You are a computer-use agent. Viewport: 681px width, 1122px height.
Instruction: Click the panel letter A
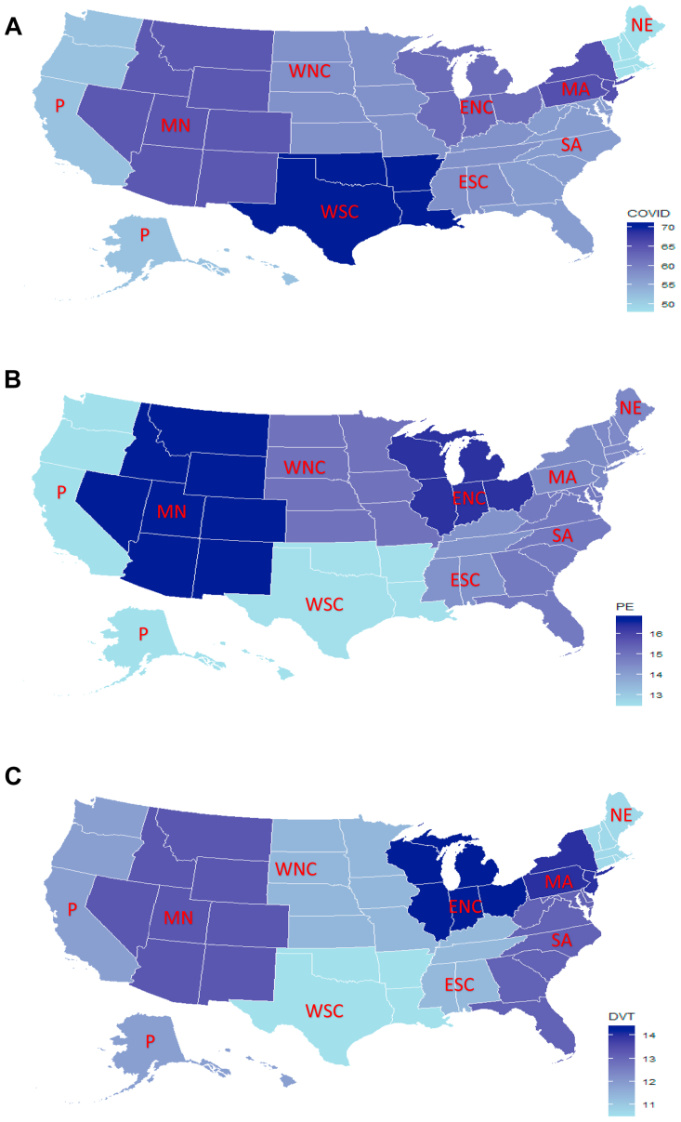pyautogui.click(x=13, y=27)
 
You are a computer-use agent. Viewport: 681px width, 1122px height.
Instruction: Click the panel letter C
pyautogui.click(x=13, y=776)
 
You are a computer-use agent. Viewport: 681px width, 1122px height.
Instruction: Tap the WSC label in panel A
pyautogui.click(x=339, y=211)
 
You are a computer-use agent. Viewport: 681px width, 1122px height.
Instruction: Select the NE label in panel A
pyautogui.click(x=641, y=25)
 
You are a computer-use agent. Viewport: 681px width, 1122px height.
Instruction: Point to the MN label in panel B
pyautogui.click(x=171, y=511)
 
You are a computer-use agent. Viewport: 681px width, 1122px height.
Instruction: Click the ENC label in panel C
pyautogui.click(x=465, y=906)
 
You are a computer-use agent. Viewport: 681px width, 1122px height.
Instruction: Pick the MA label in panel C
pyautogui.click(x=558, y=881)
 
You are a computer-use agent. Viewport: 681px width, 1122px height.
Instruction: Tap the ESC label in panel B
pyautogui.click(x=465, y=579)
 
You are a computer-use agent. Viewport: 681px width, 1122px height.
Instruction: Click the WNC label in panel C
pyautogui.click(x=296, y=868)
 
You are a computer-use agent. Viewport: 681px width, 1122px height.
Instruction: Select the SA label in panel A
pyautogui.click(x=570, y=145)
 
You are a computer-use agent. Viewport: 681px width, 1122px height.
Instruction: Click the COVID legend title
pyautogui.click(x=648, y=214)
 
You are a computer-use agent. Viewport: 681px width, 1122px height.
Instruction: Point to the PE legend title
pyautogui.click(x=624, y=607)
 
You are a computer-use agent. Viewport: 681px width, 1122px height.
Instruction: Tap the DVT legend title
pyautogui.click(x=622, y=1016)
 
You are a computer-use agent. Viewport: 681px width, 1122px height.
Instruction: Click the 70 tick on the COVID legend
pyautogui.click(x=667, y=228)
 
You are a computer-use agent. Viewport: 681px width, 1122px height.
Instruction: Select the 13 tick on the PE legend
pyautogui.click(x=656, y=695)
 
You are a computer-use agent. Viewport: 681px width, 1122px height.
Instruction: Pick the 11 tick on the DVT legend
pyautogui.click(x=649, y=1104)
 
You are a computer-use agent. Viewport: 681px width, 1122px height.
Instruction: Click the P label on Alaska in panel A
pyautogui.click(x=144, y=234)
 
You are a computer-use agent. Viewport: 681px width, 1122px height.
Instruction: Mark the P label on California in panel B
pyautogui.click(x=61, y=492)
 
